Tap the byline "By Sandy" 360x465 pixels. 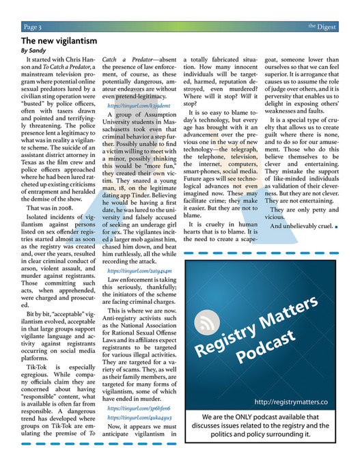[x=33, y=51]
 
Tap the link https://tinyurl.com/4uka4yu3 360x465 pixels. [x=135, y=417]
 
